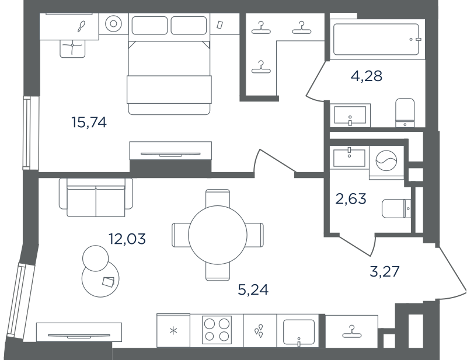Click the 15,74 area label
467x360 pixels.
pos(89,123)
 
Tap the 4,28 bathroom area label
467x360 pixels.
pos(367,76)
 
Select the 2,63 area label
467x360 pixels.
pos(351,198)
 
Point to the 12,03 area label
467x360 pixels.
pos(127,239)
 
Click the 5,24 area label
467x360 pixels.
pos(253,289)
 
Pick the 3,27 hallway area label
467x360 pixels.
pos(385,271)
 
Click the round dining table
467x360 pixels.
pos(218,235)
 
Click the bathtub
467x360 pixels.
pos(376,39)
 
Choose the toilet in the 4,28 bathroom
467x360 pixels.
pos(405,113)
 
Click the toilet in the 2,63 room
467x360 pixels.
pos(396,208)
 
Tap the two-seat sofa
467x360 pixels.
pos(96,197)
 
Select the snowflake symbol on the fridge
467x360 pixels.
pos(173,330)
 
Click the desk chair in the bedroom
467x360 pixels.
pos(72,48)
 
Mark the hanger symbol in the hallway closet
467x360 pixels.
pos(352,332)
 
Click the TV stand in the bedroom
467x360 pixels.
pos(170,151)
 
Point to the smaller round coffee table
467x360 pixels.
pos(95,258)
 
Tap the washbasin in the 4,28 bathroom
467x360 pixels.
pos(350,116)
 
